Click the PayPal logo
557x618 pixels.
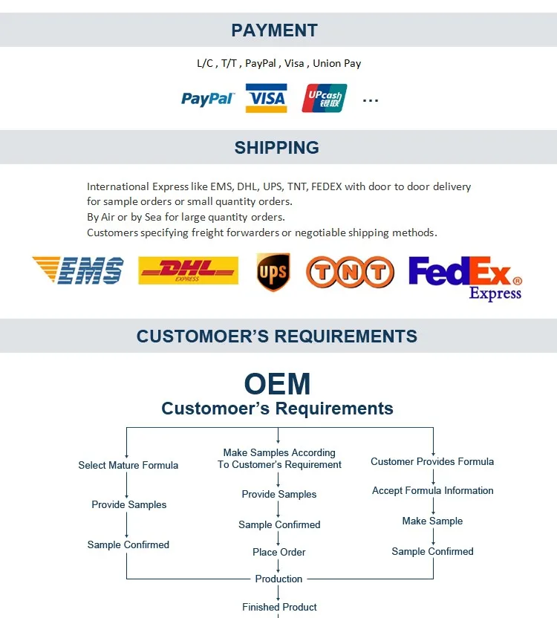208,99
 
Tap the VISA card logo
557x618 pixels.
267,98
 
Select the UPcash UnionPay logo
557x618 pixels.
325,98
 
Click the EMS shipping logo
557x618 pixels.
78,270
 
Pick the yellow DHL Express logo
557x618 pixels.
189,270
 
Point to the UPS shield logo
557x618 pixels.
273,272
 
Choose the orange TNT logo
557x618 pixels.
350,272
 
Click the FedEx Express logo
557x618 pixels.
466,279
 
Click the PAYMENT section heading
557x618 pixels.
274,30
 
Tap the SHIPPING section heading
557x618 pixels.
277,148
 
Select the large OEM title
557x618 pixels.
278,384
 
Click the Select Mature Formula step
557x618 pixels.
128,465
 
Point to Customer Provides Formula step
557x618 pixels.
432,461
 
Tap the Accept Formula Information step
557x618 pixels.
433,491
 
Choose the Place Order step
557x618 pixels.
279,552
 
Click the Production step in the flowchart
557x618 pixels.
278,579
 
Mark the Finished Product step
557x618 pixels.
279,607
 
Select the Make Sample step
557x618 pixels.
432,521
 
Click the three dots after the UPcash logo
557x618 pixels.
371,101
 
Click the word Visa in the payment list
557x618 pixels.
294,63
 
